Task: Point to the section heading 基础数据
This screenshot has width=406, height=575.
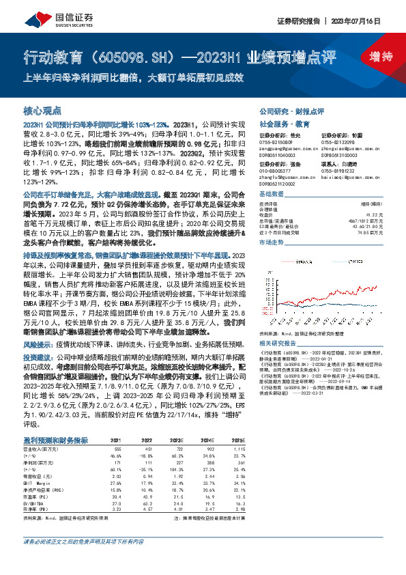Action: pos(272,194)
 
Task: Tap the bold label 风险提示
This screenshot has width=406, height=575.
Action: pos(36,345)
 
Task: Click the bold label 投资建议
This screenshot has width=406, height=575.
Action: pos(36,356)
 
